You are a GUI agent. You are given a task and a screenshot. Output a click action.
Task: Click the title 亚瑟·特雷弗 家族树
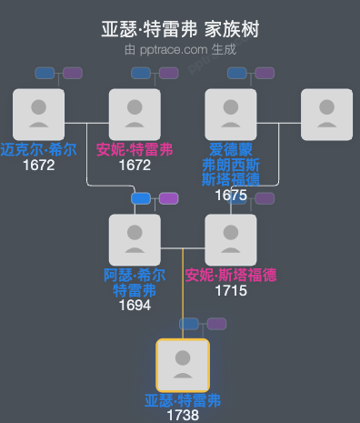(x=180, y=29)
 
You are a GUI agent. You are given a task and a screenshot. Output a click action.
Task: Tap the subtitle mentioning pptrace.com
(x=180, y=49)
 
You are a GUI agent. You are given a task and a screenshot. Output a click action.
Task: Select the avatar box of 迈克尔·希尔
(x=38, y=114)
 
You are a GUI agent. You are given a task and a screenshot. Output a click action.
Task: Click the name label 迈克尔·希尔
(x=38, y=149)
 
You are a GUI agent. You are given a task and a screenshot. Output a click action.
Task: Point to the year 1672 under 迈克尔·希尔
(x=38, y=165)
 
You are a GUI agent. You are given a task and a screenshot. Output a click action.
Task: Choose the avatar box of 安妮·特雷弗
(x=135, y=114)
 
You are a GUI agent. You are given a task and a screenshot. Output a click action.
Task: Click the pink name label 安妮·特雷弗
(x=135, y=149)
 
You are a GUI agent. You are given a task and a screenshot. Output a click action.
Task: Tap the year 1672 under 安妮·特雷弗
(x=135, y=165)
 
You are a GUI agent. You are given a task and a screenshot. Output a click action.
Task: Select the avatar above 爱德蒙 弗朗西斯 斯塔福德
(x=231, y=114)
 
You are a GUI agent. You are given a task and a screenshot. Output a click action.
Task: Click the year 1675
(x=231, y=195)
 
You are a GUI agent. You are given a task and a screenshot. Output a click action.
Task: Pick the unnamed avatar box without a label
(x=326, y=114)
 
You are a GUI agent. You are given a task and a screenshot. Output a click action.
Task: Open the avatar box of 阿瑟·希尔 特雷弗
(x=135, y=239)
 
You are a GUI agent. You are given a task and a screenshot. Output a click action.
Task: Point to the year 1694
(x=135, y=306)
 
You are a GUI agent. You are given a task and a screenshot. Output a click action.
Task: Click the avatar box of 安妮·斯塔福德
(x=231, y=239)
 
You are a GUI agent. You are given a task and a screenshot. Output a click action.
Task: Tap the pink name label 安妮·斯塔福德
(x=231, y=275)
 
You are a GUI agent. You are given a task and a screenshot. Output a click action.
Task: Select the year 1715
(x=231, y=291)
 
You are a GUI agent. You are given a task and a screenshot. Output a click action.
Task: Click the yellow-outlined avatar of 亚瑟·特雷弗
(x=183, y=365)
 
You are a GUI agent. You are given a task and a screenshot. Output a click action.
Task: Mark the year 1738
(x=183, y=416)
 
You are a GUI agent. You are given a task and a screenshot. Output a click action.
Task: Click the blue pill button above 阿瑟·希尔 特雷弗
(x=141, y=198)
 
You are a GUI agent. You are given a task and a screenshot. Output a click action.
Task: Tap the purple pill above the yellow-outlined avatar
(x=216, y=324)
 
